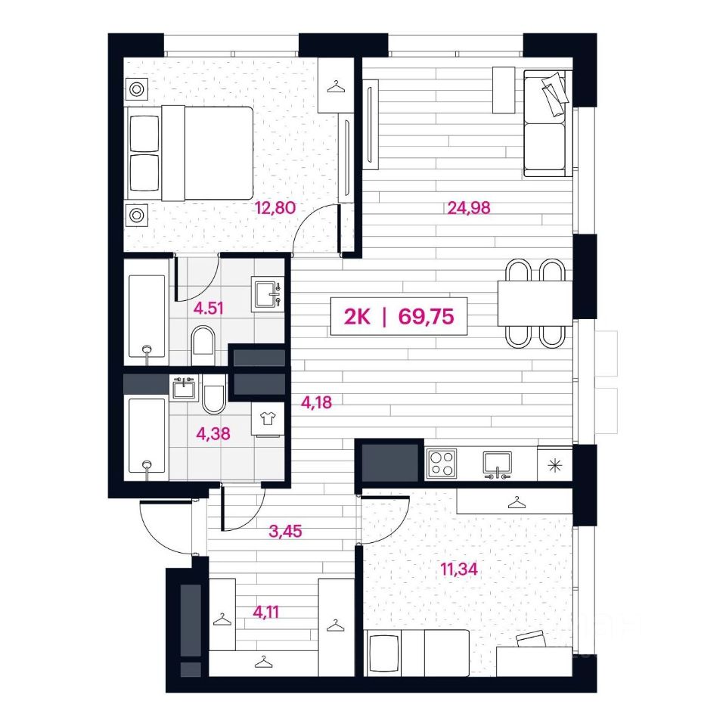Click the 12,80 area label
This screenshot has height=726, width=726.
pos(275,208)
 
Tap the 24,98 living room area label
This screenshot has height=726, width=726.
pos(469,208)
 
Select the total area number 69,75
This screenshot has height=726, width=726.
pos(426,317)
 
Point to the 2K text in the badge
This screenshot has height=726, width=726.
pos(357,317)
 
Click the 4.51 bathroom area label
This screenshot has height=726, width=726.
pos(209,308)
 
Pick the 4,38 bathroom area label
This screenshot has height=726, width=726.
pos(213,434)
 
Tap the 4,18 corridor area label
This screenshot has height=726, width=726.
pos(316,402)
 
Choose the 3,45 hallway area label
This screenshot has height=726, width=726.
pos(285,531)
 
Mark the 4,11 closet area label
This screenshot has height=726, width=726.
pos(266,613)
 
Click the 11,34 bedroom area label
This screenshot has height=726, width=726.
pos(459,569)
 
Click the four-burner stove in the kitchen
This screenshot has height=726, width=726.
pos(441,464)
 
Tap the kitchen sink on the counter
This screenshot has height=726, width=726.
pos(498,464)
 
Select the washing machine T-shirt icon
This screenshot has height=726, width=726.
pos(268,419)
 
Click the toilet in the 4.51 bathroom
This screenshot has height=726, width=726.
pos(203,345)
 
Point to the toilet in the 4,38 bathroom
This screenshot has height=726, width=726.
pos(214,394)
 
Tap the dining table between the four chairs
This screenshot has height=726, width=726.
pos(535,303)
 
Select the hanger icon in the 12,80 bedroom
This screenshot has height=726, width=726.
pos(337,86)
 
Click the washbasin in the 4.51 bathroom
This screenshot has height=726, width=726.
pos(268,294)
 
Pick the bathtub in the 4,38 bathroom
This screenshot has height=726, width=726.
pos(147,436)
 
